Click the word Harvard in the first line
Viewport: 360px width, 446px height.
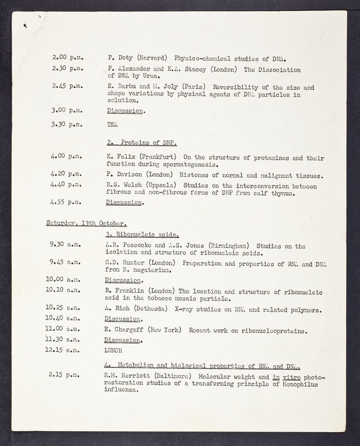[x=153, y=58]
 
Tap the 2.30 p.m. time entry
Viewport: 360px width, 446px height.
[x=67, y=70]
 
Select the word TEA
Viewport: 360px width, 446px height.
[x=112, y=125]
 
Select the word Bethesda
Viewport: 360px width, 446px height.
[x=147, y=310]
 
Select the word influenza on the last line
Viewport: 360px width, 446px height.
[x=123, y=390]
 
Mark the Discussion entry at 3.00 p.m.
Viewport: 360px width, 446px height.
[x=125, y=111]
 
